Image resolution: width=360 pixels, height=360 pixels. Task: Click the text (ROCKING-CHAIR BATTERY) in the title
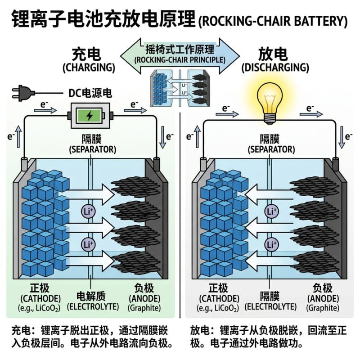[273, 21]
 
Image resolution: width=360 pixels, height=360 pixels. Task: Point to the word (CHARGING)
[89, 68]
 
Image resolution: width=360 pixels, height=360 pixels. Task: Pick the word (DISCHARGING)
[275, 68]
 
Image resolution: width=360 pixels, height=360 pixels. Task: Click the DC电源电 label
[90, 93]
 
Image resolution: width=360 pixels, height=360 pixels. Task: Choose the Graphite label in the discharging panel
[322, 308]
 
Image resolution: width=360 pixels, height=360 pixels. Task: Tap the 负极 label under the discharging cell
[322, 288]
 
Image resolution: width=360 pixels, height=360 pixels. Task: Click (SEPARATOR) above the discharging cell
[270, 149]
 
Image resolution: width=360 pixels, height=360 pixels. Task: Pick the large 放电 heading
[273, 54]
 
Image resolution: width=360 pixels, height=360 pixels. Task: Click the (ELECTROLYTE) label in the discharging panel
[270, 306]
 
